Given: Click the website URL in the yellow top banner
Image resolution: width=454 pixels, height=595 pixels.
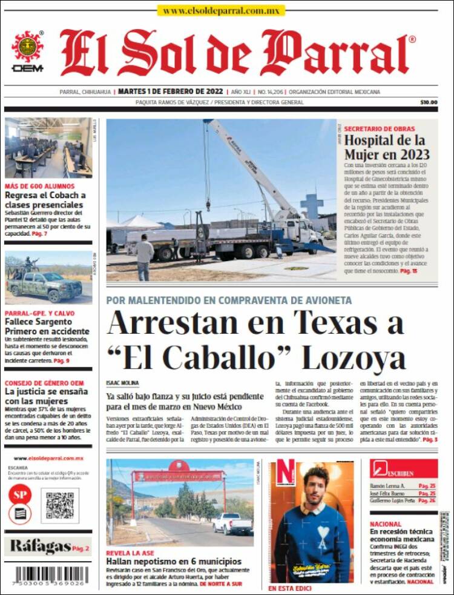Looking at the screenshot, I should [220, 10].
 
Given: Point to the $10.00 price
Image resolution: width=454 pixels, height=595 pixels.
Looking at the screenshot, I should [428, 102].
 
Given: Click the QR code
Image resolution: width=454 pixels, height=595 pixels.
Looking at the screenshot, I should [60, 505].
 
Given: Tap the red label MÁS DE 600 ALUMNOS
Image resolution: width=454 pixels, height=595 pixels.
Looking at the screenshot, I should [40, 186].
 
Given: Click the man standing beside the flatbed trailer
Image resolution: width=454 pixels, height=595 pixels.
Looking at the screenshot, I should [144, 256].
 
